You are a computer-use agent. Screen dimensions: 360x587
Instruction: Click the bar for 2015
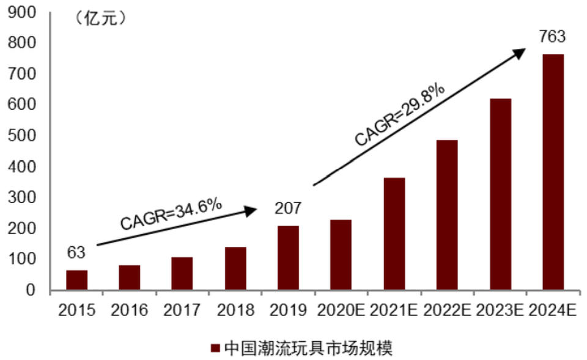77,280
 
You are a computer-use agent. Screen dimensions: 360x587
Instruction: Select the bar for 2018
235,268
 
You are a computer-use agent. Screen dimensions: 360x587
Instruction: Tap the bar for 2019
287,257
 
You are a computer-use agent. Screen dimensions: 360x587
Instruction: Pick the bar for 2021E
394,233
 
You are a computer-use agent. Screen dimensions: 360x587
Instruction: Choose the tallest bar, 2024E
552,172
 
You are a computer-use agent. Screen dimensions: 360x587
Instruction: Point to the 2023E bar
500,194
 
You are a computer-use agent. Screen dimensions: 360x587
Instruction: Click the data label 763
552,37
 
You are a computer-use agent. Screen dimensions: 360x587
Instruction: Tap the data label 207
287,208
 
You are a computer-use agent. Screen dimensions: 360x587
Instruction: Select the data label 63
76,252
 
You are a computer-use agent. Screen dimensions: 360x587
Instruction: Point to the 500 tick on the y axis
23,136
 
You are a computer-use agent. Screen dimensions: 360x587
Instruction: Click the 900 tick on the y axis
23,12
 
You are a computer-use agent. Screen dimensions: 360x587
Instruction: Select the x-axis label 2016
129,310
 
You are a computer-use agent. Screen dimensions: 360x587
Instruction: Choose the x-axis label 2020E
341,310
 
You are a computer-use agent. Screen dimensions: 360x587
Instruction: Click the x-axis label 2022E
446,310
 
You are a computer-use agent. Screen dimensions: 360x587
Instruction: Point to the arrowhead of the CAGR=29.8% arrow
520,52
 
